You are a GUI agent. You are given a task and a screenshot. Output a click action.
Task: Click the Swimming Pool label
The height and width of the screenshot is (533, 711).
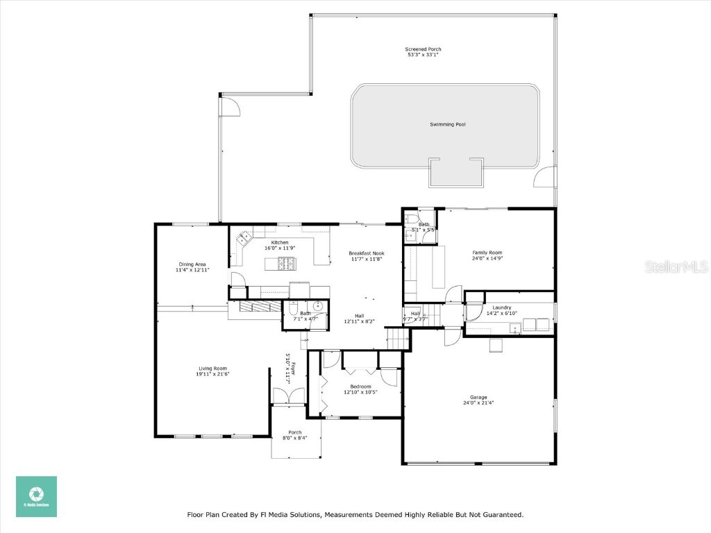[x=447, y=124]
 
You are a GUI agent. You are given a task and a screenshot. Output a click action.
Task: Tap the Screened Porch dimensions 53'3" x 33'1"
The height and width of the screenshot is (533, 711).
[x=423, y=56]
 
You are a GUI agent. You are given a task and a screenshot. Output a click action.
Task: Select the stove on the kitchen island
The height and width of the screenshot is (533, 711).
[x=286, y=262]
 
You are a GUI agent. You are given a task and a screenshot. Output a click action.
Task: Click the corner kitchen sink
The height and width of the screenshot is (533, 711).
[x=244, y=238]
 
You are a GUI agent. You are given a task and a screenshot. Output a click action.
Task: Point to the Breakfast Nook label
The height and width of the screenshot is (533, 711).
[x=366, y=253]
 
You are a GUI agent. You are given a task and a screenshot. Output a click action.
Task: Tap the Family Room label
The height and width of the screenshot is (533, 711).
[x=487, y=253]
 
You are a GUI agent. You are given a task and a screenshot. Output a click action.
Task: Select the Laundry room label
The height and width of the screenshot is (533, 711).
[x=502, y=307]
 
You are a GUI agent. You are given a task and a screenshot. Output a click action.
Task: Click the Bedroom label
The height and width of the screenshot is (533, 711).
[x=360, y=387]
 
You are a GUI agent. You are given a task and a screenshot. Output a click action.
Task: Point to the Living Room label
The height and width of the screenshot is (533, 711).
[x=212, y=369]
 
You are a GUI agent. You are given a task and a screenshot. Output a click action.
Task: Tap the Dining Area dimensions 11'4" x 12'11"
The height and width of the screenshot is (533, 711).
[x=192, y=270]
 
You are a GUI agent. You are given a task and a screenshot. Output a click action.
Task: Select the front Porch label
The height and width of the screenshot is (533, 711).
[x=295, y=432]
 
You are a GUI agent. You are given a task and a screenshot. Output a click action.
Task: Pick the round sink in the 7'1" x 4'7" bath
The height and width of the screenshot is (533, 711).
[x=318, y=306]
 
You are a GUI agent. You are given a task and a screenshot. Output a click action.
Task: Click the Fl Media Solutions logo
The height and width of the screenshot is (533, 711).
[x=37, y=496]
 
